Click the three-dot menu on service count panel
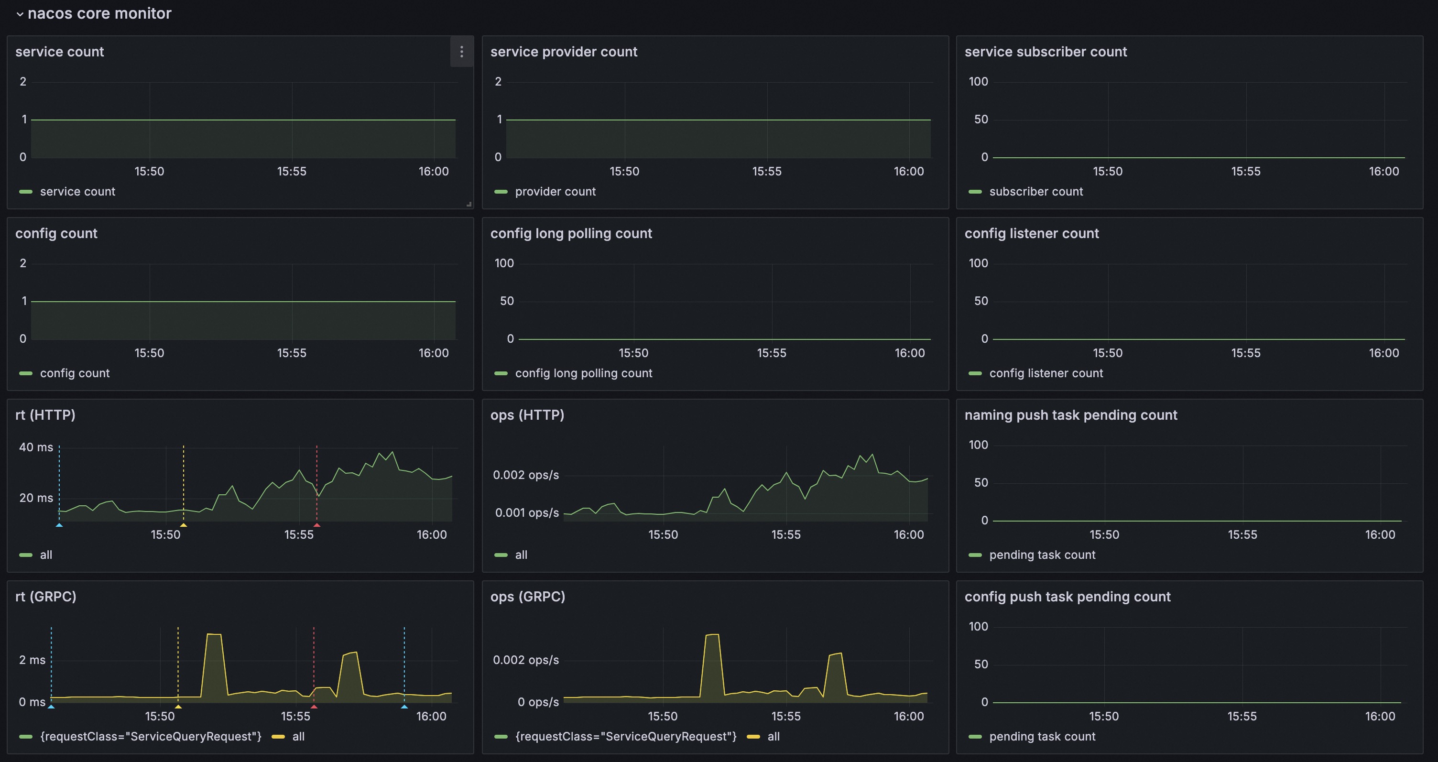click(461, 52)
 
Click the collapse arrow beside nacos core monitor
click(20, 14)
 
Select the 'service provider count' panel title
click(563, 52)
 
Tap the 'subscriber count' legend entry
click(1035, 192)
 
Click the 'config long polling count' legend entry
click(583, 373)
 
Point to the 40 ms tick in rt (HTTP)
click(36, 447)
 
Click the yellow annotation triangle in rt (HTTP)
click(183, 525)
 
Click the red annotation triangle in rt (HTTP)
click(316, 525)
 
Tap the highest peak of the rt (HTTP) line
click(392, 452)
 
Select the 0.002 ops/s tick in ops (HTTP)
click(525, 475)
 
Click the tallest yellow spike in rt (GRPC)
click(214, 635)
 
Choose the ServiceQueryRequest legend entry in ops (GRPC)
click(625, 736)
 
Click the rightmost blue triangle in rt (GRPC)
click(404, 707)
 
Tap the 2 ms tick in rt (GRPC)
click(33, 660)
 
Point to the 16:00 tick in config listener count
click(1384, 353)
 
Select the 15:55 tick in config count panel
click(292, 353)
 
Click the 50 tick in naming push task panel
click(981, 482)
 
